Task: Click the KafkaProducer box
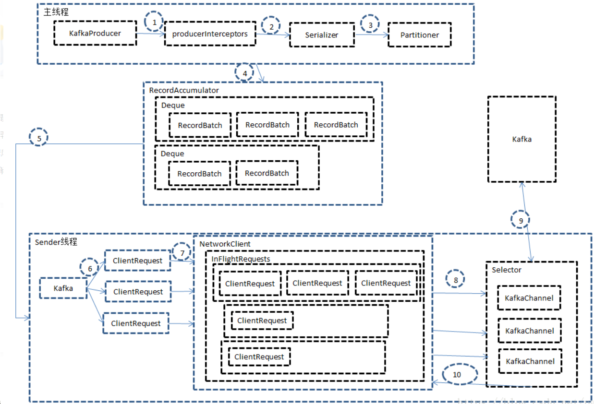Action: [x=95, y=33]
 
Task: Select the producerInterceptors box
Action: [x=210, y=34]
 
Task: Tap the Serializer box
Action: [x=322, y=35]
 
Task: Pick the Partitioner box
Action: [x=419, y=35]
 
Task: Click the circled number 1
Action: [x=154, y=22]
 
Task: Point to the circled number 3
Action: [x=370, y=24]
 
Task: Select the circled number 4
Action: [x=245, y=73]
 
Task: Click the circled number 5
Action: [x=39, y=138]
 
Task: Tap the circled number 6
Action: [x=90, y=269]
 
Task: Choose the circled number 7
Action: [x=182, y=252]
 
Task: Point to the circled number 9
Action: [x=521, y=220]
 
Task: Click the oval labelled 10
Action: [x=457, y=374]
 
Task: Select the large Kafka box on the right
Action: [x=521, y=139]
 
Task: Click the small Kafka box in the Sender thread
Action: [x=63, y=288]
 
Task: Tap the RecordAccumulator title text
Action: [x=177, y=90]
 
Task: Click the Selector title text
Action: [x=506, y=270]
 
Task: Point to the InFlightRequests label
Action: [x=241, y=259]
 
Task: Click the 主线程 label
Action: [x=56, y=12]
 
